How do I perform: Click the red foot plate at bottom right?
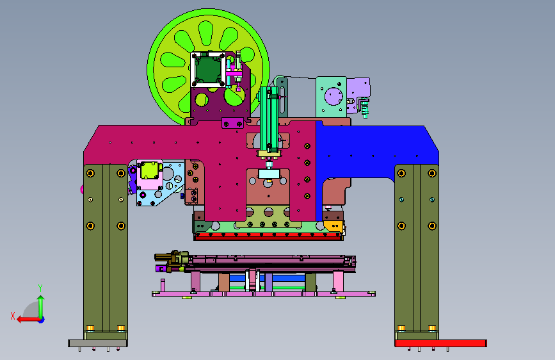(440, 343)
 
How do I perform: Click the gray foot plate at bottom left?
(98, 343)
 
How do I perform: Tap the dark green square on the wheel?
(207, 69)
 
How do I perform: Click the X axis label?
(13, 316)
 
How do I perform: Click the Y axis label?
(40, 288)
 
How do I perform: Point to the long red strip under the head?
(268, 236)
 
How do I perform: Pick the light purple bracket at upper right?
(358, 94)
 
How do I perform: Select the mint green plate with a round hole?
(331, 97)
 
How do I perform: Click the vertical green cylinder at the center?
(269, 119)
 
